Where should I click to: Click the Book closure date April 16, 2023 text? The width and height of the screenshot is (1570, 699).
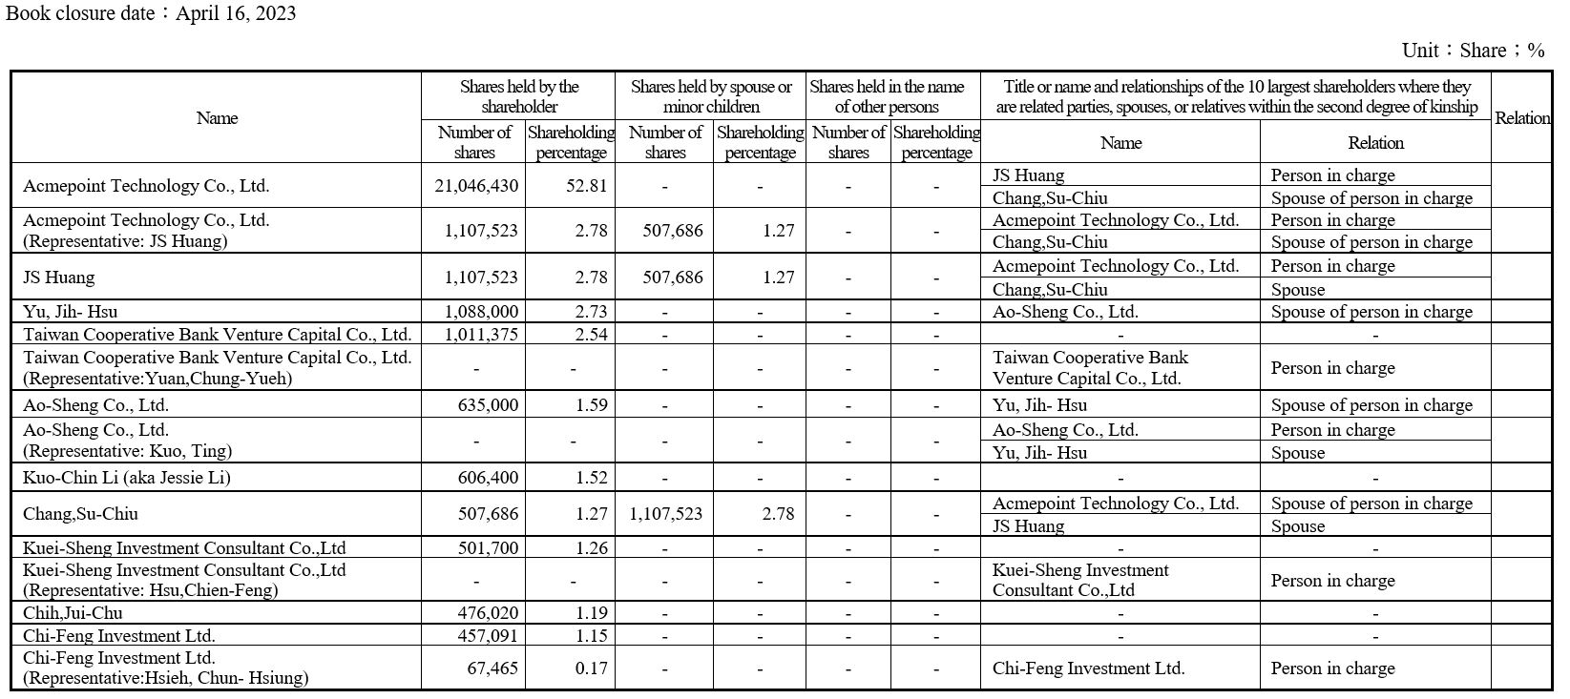(151, 13)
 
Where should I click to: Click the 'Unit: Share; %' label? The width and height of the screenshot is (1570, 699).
(1473, 51)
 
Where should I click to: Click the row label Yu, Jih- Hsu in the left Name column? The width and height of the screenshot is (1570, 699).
(71, 312)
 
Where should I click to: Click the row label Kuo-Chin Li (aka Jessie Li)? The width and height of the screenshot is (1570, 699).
(127, 478)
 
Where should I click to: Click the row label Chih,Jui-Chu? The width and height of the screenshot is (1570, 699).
(73, 613)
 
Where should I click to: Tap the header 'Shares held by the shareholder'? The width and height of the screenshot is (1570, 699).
(519, 96)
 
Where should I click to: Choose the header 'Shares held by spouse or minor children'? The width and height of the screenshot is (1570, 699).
(711, 96)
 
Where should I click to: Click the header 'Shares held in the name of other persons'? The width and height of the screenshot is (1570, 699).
(887, 96)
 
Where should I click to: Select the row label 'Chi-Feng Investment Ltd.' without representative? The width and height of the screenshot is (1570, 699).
(119, 636)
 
